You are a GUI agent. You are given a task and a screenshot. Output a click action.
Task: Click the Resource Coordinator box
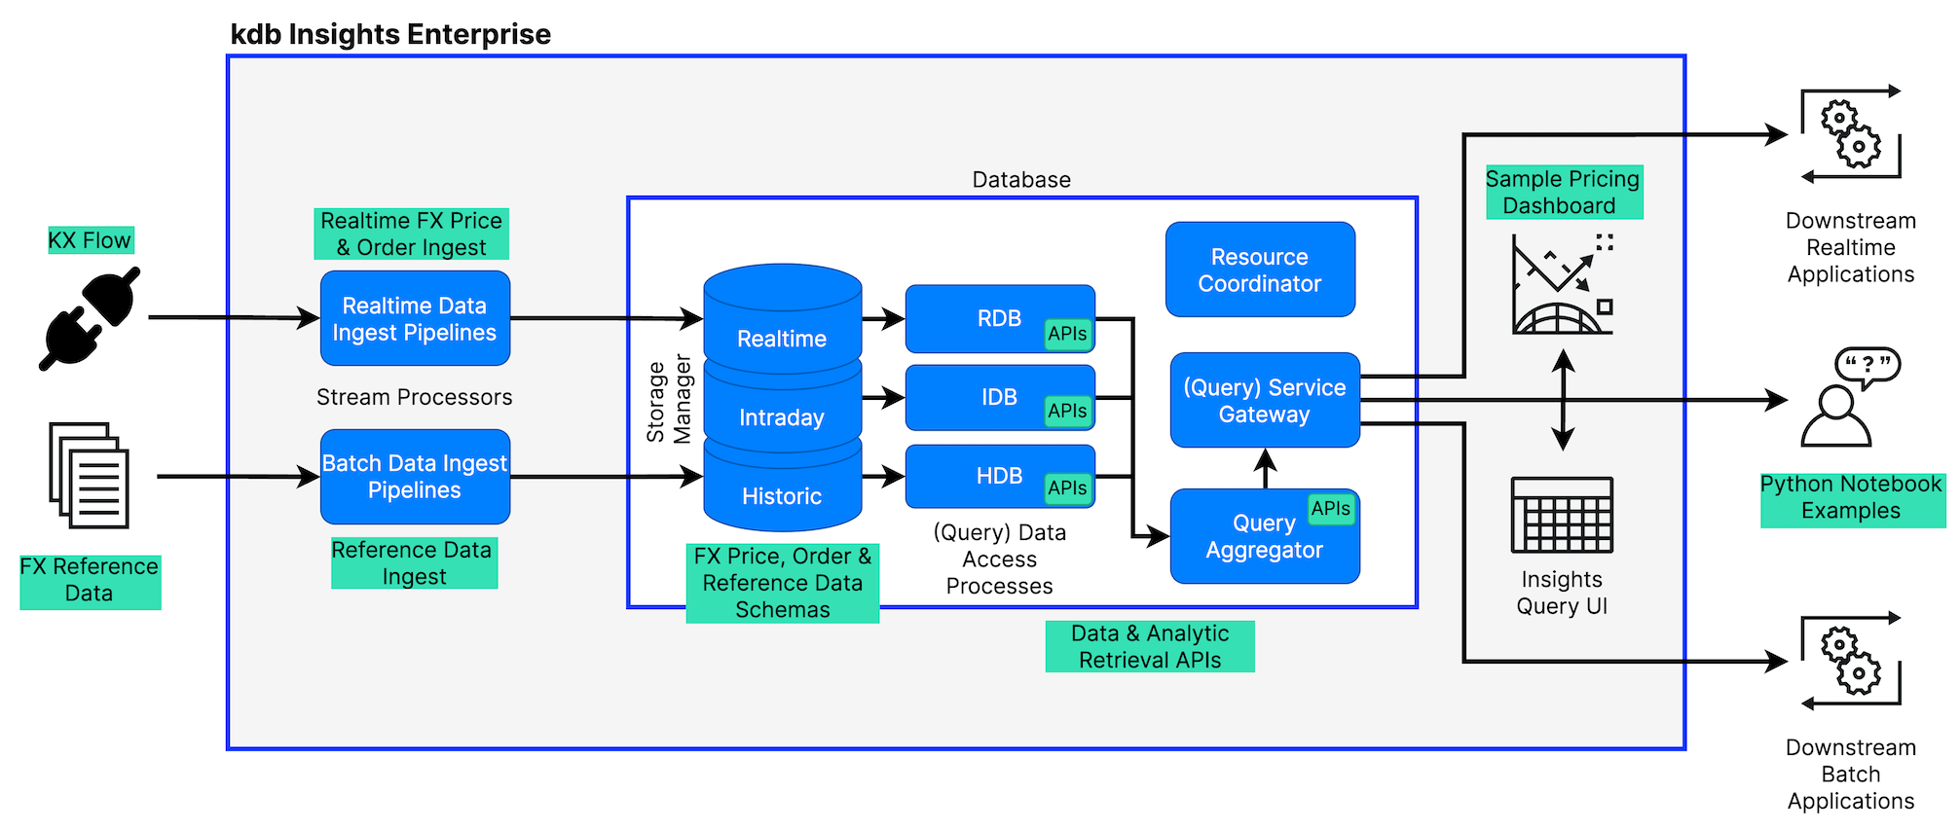(1259, 270)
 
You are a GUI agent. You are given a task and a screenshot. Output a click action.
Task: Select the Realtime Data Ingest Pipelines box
(415, 318)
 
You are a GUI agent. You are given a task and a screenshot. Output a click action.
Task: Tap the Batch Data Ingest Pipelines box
(415, 477)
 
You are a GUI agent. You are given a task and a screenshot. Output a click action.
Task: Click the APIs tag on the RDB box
(1067, 334)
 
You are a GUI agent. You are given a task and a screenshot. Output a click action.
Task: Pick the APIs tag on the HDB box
(1067, 488)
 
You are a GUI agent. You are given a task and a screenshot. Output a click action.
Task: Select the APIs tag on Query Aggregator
(1330, 509)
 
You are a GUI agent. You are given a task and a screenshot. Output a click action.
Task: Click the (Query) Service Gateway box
(1264, 400)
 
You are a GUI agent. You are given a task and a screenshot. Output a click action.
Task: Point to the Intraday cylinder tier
(782, 417)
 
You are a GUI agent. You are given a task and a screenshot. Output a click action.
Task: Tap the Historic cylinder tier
(782, 496)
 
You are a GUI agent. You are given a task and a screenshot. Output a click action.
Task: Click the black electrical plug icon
(90, 318)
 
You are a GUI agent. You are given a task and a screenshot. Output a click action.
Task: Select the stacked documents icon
(90, 476)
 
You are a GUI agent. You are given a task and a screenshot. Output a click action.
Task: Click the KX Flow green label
(90, 240)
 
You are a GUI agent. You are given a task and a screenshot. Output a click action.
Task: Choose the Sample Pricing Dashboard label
(1563, 192)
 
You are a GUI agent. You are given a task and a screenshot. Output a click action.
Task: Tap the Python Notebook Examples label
(1851, 498)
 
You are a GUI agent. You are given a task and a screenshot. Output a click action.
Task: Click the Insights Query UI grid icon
(1562, 515)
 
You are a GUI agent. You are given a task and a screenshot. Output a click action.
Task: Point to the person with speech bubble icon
(1848, 398)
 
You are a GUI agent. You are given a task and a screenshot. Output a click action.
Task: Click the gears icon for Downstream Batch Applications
(1850, 662)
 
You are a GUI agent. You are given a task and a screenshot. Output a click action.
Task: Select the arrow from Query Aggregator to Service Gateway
(1265, 469)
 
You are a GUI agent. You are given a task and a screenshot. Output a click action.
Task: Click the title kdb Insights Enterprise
(390, 34)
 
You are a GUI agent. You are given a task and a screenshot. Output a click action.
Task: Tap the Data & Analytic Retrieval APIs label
(1150, 646)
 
